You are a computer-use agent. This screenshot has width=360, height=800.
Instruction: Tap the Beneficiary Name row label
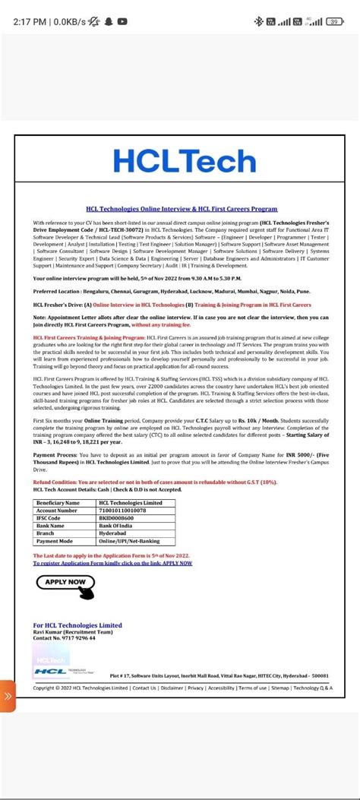pos(58,503)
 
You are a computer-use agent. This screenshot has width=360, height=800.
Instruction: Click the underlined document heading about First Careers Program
pos(182,209)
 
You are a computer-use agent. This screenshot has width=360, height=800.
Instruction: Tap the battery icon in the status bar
pos(333,21)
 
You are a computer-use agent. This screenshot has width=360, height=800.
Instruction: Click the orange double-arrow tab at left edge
pos(8,695)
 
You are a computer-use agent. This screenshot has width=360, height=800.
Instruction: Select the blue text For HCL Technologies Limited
pos(77,625)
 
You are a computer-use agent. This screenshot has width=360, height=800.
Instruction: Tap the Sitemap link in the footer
pos(280,688)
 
